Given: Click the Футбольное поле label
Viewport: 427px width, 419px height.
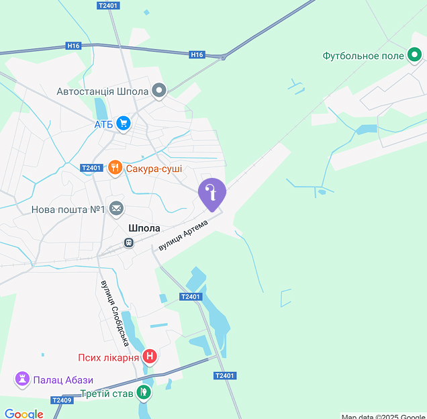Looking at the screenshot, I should click(363, 56).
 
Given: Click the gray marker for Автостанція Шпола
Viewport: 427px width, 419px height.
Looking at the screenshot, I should click(159, 91).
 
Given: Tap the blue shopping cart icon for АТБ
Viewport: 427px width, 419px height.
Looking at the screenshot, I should click(123, 124).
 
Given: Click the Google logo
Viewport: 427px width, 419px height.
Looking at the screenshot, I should click(23, 414).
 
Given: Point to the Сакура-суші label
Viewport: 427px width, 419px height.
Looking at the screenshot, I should click(154, 169).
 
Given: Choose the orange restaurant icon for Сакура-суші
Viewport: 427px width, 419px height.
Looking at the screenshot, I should click(115, 168).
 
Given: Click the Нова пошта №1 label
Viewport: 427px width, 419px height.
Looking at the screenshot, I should click(68, 209).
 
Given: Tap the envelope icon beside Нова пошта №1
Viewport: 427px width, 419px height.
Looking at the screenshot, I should click(117, 209).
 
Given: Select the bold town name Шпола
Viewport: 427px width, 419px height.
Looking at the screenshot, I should click(144, 228).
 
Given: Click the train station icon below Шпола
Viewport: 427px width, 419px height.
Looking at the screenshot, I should click(128, 242).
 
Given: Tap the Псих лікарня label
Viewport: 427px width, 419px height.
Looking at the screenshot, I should click(108, 357).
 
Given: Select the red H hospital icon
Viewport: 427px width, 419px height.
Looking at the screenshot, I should click(150, 357).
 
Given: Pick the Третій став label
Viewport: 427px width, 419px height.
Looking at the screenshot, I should click(107, 393).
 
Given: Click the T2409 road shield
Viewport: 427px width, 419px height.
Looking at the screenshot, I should click(61, 400).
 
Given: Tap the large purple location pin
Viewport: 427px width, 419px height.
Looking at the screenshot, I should click(212, 193).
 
